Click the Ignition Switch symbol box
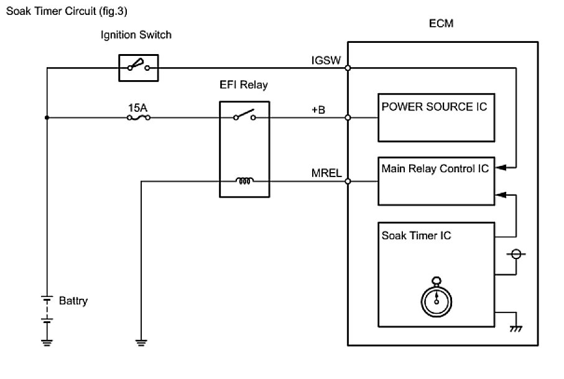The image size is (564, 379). (x=138, y=66)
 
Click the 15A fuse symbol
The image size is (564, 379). (x=138, y=117)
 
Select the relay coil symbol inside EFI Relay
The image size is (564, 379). (x=244, y=181)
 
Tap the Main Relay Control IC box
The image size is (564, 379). (x=435, y=181)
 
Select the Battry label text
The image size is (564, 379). (x=73, y=301)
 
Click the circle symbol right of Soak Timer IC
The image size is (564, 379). (x=514, y=255)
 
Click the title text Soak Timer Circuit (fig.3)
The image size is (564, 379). (x=70, y=11)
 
